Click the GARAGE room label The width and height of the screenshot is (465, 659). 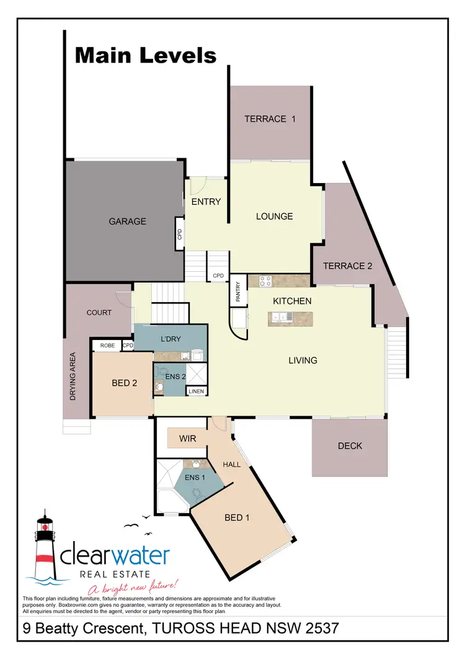click(128, 221)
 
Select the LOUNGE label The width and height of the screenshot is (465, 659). click(275, 217)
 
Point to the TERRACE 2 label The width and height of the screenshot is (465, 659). click(348, 266)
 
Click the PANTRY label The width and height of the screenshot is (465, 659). click(238, 292)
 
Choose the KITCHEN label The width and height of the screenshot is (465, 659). click(292, 301)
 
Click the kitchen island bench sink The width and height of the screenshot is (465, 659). click(282, 318)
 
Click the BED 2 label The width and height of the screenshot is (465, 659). click(125, 383)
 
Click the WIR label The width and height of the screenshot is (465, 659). click(188, 439)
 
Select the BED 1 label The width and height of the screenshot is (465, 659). click(237, 516)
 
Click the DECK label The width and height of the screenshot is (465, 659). click(350, 446)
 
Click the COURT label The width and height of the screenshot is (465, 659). click(99, 313)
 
